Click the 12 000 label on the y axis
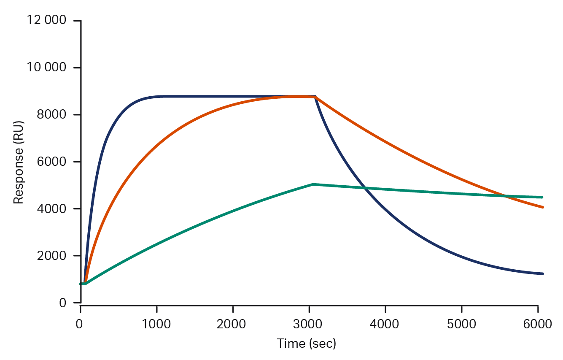pos(47,20)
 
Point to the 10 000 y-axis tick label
pos(47,68)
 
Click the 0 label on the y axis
pos(63,303)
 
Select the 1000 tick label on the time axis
pos(156,324)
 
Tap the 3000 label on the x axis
pos(309,324)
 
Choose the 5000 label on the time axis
pos(462,324)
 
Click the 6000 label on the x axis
pos(538,324)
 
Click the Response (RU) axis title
pos(18,162)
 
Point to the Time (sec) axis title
pos(307,344)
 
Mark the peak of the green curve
pos(313,184)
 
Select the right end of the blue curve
pos(543,273)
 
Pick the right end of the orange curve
pos(543,207)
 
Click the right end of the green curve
pos(543,197)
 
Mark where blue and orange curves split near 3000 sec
pos(315,97)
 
